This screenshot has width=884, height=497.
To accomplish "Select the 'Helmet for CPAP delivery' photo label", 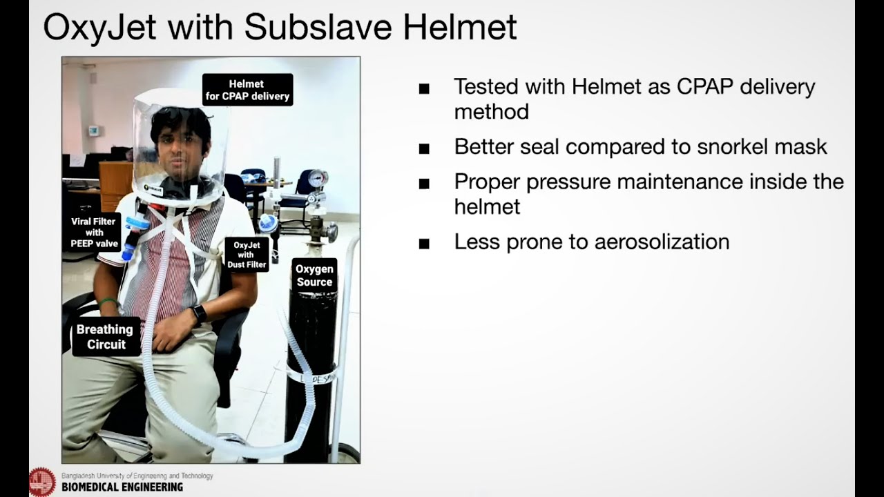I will pos(247,90).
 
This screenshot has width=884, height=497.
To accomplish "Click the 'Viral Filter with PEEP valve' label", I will pos(95,233).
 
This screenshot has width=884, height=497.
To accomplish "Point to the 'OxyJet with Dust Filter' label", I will pos(247,255).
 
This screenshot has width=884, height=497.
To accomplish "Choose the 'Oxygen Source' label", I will pos(314,275).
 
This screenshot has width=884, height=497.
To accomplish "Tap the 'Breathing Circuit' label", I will pos(106,337).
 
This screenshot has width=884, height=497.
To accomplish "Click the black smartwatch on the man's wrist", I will pos(199,314).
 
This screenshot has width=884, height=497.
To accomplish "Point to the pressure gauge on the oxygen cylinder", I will pos(317,178).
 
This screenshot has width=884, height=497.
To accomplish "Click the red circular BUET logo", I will pos(42,482).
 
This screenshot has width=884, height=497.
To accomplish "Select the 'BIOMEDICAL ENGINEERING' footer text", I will pos(122,487).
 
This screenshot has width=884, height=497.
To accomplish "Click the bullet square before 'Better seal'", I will pos(424,148).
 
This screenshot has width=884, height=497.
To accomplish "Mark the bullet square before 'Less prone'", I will pos(424,244).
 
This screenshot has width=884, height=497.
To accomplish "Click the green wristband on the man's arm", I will pos(107,302).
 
